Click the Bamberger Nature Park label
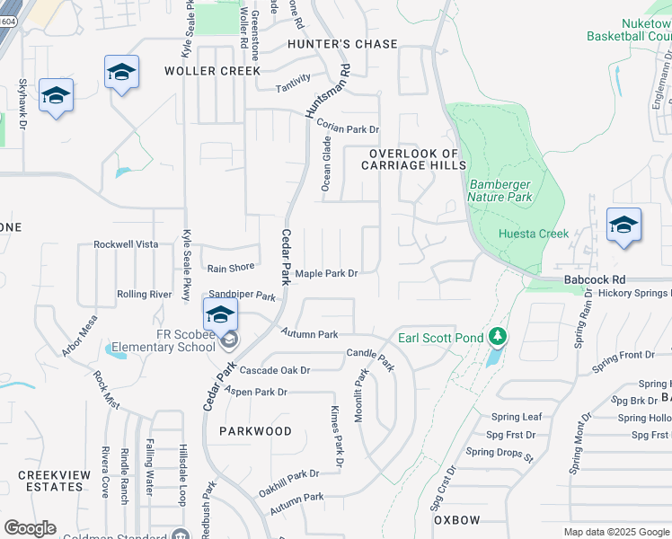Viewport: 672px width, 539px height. [x=501, y=190]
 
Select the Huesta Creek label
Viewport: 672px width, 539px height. [x=534, y=234]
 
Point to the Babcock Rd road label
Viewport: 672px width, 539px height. [x=594, y=280]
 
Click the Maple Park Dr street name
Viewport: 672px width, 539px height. [x=327, y=273]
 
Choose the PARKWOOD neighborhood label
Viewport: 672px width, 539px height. [x=255, y=431]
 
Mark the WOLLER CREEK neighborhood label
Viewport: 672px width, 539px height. [x=212, y=71]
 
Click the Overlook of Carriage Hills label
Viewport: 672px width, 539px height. [x=414, y=160]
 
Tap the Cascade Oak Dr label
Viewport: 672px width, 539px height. [x=274, y=370]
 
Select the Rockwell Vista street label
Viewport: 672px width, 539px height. [x=126, y=244]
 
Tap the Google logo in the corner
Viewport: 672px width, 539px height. [x=31, y=528]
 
